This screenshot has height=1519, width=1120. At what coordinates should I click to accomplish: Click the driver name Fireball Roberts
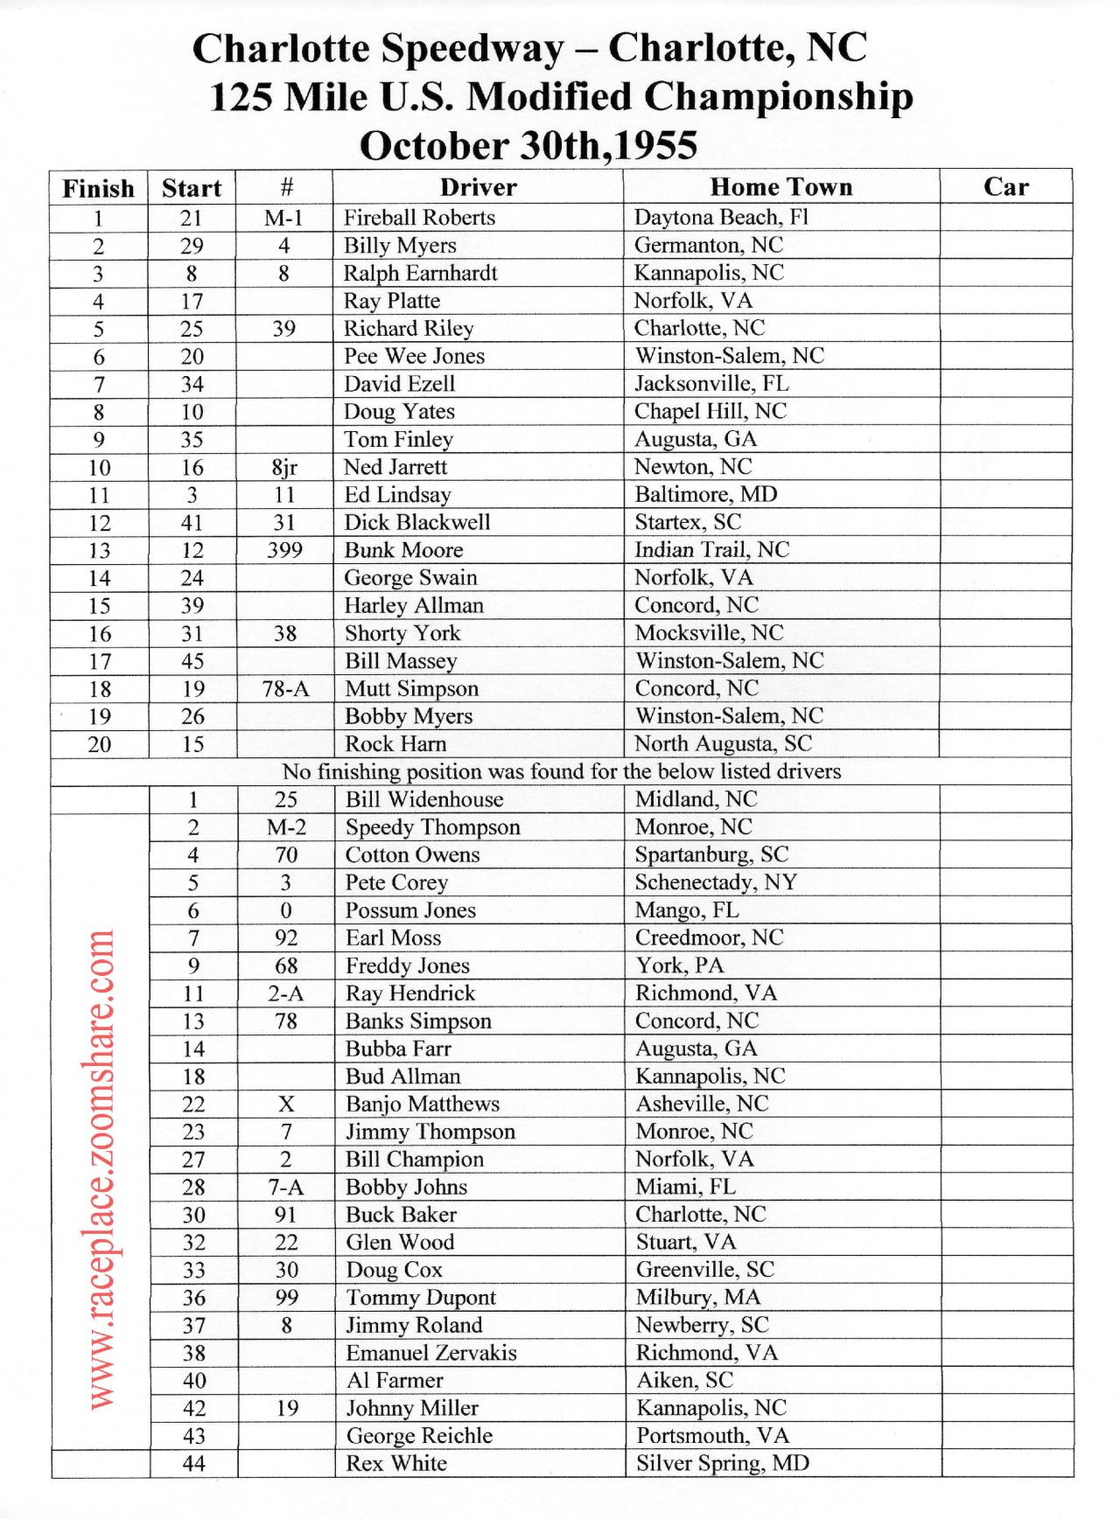419,218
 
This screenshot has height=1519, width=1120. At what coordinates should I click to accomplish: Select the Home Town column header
780,187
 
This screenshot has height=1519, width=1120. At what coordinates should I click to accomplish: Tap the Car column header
1005,187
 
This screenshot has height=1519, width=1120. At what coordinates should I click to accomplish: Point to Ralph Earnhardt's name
420,274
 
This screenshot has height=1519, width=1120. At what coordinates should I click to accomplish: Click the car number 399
284,550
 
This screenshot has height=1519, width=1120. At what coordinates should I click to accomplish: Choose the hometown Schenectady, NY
716,882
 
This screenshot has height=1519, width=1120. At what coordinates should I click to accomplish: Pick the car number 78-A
285,689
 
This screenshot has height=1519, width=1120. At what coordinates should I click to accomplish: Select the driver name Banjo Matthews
423,1104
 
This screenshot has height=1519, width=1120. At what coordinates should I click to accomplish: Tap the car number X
286,1104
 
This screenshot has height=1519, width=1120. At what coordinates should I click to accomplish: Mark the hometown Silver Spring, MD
723,1463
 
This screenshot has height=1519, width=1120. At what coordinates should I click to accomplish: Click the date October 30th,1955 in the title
528,145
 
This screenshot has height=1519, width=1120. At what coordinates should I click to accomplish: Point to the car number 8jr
284,467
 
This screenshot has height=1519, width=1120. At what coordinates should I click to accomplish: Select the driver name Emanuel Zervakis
431,1353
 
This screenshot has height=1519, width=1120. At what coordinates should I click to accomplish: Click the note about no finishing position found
561,771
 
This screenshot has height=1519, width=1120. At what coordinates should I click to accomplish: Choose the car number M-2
286,827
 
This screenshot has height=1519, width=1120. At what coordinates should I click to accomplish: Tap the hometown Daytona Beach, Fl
721,218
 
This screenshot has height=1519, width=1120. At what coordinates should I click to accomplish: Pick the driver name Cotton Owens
412,854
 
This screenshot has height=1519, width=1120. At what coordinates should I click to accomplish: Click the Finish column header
99,188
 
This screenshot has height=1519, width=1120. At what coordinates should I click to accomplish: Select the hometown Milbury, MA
698,1298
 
